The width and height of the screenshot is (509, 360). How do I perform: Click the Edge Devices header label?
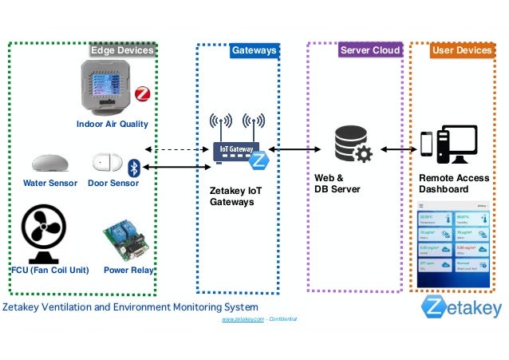[121, 51]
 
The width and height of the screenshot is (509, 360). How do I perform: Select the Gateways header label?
[254, 51]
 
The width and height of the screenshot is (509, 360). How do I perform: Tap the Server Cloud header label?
[369, 51]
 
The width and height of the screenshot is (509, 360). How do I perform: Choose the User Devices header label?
[461, 51]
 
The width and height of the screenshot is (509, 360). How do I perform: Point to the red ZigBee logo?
[143, 94]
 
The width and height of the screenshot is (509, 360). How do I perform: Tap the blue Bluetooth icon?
[134, 166]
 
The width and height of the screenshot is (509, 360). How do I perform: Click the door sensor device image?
[105, 162]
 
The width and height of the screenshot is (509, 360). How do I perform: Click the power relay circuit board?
[126, 242]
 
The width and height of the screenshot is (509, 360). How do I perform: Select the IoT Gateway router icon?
[237, 148]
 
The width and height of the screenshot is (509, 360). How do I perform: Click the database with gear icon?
[352, 145]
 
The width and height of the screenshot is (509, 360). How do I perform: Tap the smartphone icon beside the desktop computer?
[427, 144]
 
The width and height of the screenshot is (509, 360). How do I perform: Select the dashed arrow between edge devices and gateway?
[176, 149]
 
